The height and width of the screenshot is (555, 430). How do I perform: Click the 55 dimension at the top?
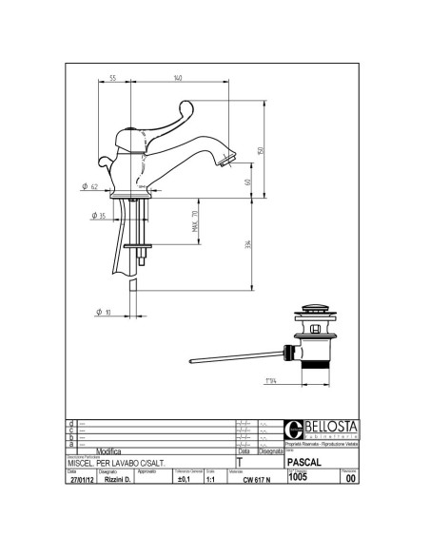pyautogui.click(x=112, y=79)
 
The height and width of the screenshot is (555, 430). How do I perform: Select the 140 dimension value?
pyautogui.click(x=178, y=79)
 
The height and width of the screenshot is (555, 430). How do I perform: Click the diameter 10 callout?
pyautogui.click(x=103, y=312)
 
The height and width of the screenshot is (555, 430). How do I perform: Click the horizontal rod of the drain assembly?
pyautogui.click(x=238, y=358)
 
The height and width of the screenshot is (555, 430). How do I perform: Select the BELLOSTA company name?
pyautogui.click(x=324, y=426)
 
